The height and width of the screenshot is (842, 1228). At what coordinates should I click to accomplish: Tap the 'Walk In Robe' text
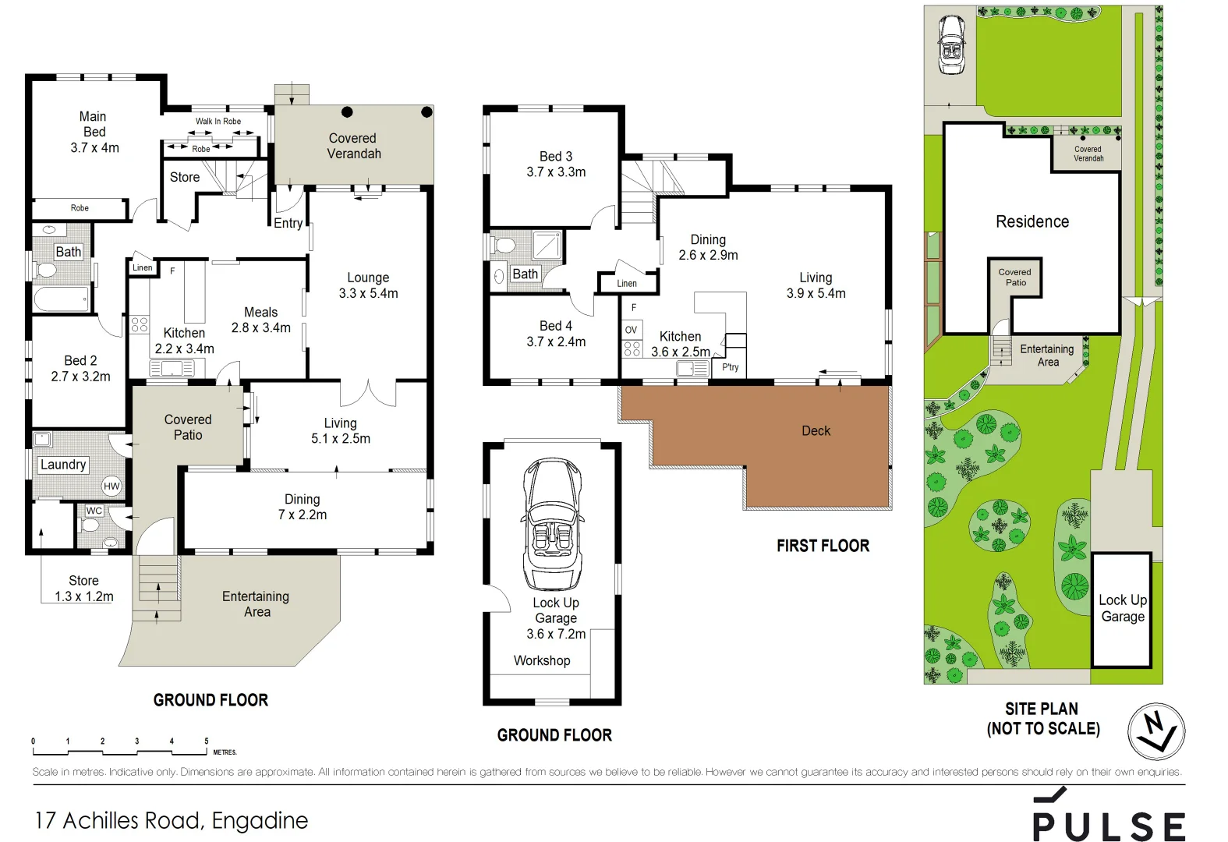[x=218, y=122]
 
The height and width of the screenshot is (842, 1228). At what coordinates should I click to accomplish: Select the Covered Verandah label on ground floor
[x=353, y=146]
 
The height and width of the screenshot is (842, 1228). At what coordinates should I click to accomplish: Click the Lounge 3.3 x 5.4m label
[x=368, y=285]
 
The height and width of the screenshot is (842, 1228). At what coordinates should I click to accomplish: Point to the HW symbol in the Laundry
[x=111, y=486]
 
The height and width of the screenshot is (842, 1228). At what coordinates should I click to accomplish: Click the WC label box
[x=94, y=511]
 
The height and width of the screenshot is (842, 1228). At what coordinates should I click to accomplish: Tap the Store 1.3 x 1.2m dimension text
[x=83, y=596]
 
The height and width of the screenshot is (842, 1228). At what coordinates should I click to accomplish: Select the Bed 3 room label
[x=556, y=164]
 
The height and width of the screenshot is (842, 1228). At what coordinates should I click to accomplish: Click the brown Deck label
[x=816, y=431]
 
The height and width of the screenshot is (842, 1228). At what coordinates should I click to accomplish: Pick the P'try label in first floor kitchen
[x=730, y=367]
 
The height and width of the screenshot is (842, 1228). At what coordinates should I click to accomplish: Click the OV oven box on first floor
[x=632, y=330]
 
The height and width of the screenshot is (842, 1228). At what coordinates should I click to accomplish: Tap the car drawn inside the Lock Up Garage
[x=553, y=524]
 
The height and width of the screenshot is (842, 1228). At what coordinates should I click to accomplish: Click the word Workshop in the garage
[x=542, y=660]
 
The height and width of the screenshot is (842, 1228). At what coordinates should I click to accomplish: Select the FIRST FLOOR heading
[x=823, y=546]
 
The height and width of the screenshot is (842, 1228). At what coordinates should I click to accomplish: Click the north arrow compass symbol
[x=1155, y=732]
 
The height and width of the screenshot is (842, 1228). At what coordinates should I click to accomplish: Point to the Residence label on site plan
[x=1032, y=222]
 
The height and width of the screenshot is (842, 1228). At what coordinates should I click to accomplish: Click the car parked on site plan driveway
[x=951, y=45]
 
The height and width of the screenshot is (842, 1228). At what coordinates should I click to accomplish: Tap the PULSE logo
[x=1108, y=819]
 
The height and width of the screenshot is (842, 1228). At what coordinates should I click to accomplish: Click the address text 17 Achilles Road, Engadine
[x=172, y=820]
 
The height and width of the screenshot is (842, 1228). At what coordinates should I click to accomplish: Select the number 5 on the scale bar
[x=207, y=741]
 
